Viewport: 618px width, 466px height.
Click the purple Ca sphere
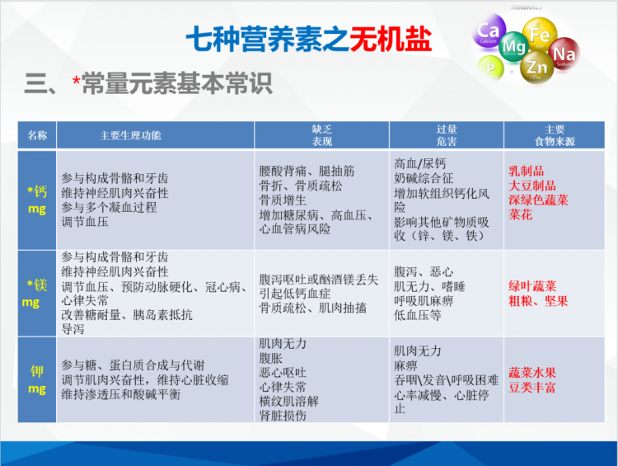[489, 31]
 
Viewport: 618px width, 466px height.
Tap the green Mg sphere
[514, 46]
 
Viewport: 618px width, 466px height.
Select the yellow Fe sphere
[540, 35]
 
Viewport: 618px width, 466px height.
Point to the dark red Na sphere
[564, 54]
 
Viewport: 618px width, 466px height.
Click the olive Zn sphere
[536, 67]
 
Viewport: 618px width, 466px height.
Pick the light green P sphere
[490, 68]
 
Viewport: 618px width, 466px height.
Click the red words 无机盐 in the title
[391, 39]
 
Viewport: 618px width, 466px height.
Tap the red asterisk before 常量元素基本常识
[76, 82]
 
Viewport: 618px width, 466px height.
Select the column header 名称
[37, 135]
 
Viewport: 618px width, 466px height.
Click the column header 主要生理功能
[130, 135]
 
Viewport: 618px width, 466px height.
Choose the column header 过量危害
[446, 135]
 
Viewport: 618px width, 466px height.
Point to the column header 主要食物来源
[555, 135]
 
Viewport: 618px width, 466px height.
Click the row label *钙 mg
[37, 200]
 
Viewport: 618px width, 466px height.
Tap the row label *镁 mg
[35, 293]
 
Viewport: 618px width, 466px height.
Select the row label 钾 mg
[37, 379]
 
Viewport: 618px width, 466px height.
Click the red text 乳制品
[527, 172]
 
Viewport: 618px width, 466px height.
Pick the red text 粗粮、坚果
[538, 302]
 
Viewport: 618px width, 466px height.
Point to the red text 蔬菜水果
[532, 373]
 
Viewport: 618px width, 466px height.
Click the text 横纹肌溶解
[288, 402]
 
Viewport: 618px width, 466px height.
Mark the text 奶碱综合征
[424, 178]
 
